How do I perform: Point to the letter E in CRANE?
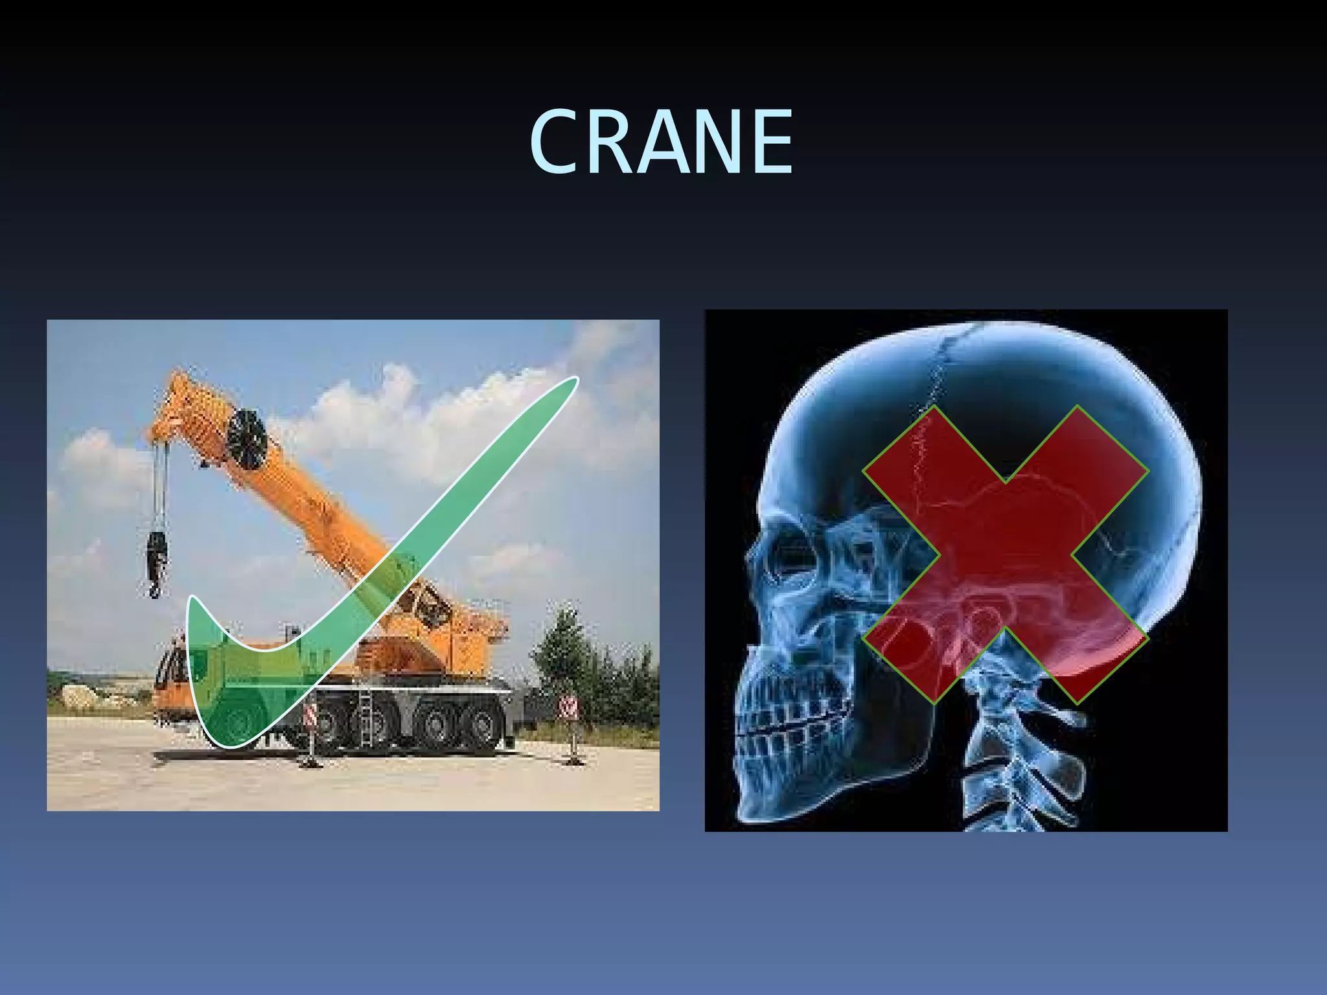771,143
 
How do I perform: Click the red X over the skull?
1006,555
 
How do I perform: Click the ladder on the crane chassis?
365,716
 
